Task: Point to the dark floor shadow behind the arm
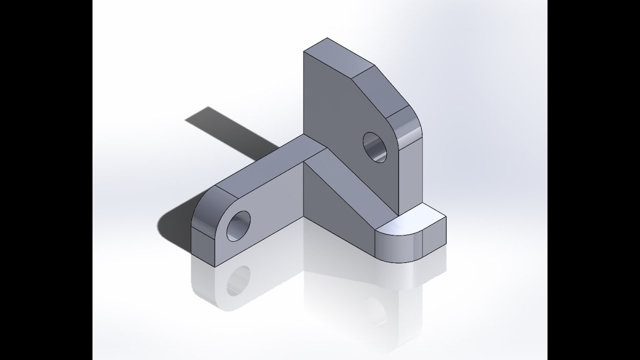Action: coord(225,130)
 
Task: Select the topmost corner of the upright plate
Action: coord(327,38)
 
